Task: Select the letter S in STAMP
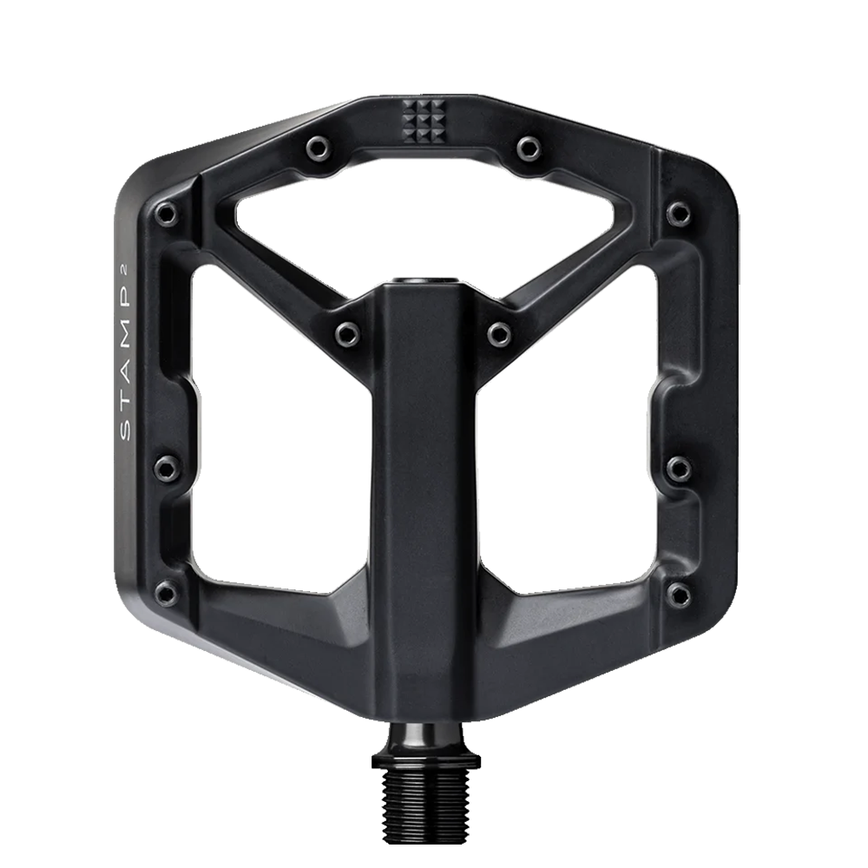point(126,431)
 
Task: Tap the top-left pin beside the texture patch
point(319,148)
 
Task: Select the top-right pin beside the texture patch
point(528,148)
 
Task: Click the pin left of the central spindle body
point(348,332)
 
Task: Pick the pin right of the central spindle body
point(500,332)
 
